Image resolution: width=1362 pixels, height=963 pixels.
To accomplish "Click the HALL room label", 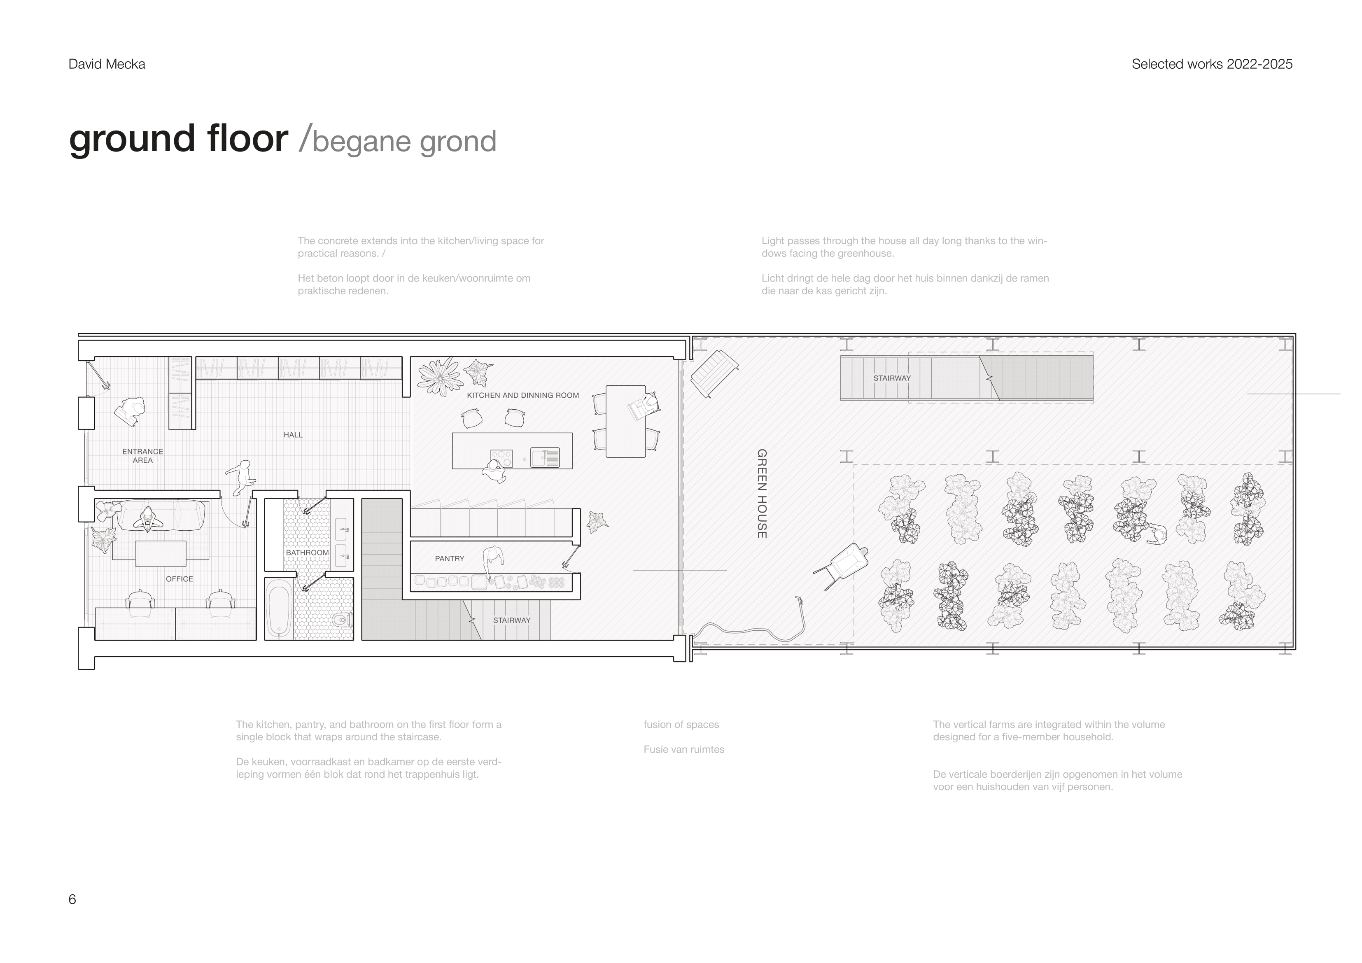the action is pos(293,435).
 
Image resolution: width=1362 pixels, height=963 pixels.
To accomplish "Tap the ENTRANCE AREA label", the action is pos(142,456).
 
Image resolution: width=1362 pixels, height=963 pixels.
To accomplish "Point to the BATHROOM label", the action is pos(307,553).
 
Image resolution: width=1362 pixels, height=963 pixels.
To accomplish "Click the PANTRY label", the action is pos(450,558).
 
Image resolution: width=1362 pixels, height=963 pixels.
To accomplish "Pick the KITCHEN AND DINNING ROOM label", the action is pos(522,395).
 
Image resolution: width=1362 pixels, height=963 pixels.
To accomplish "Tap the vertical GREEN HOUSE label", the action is pos(762,494).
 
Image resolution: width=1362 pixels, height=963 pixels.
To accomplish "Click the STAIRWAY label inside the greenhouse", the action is pos(891,378).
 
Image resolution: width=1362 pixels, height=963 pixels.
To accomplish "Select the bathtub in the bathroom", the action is pos(279,609).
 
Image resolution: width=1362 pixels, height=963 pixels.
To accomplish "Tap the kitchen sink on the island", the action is pos(545,457).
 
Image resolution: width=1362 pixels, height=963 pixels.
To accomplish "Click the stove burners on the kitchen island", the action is pos(501,457).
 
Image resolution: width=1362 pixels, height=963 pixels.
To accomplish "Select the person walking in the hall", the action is pos(241,478).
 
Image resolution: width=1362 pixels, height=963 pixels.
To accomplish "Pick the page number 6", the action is pos(72,900).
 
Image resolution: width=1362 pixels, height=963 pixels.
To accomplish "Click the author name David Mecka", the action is pos(107,64).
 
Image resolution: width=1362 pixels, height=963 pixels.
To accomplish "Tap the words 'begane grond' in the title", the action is pos(404,141).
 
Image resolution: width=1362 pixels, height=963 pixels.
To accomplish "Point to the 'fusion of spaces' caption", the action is pos(681,725).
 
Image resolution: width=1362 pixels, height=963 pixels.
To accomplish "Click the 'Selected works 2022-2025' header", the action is pos(1212,64).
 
